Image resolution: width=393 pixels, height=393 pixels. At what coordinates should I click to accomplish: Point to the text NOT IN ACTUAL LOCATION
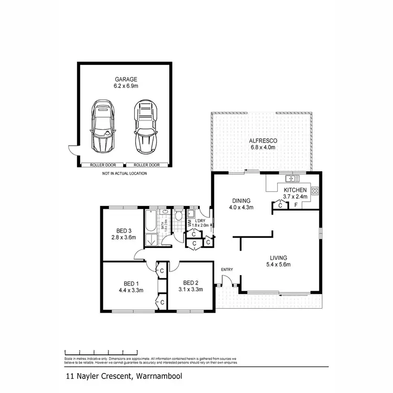(x=124, y=173)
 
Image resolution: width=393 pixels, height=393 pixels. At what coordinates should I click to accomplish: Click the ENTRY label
(x=227, y=269)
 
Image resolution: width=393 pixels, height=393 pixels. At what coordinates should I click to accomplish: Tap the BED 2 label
(x=190, y=282)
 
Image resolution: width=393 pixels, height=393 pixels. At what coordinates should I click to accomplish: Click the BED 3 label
(x=124, y=231)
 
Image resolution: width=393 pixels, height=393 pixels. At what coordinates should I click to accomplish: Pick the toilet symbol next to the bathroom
(x=179, y=215)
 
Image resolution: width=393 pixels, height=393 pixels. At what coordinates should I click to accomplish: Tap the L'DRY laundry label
(x=199, y=220)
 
